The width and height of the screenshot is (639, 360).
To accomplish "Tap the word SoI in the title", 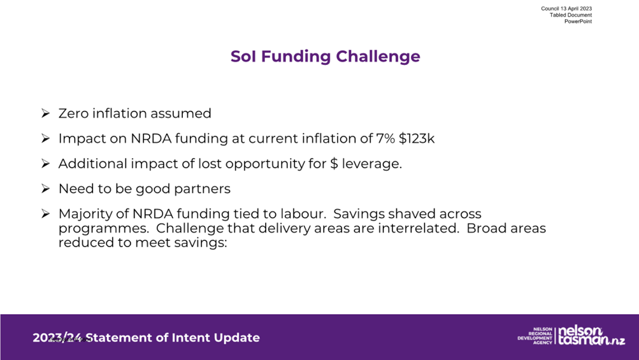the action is (243, 56).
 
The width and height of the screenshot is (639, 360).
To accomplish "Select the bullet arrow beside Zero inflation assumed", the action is (45, 113).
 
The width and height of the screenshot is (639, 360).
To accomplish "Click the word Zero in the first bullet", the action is (73, 113).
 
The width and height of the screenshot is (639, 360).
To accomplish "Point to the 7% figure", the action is (385, 139).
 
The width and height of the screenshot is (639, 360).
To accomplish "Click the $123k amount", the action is (417, 139).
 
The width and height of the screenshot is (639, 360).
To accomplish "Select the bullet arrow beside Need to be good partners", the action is (45, 189).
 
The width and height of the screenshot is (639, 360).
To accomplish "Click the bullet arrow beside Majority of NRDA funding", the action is (45, 213).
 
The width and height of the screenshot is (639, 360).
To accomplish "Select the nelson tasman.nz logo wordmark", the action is (591, 336).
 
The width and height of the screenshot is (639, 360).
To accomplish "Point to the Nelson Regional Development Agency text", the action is (535, 336).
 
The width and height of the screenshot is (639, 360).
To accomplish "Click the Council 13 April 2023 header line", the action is (566, 8).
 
